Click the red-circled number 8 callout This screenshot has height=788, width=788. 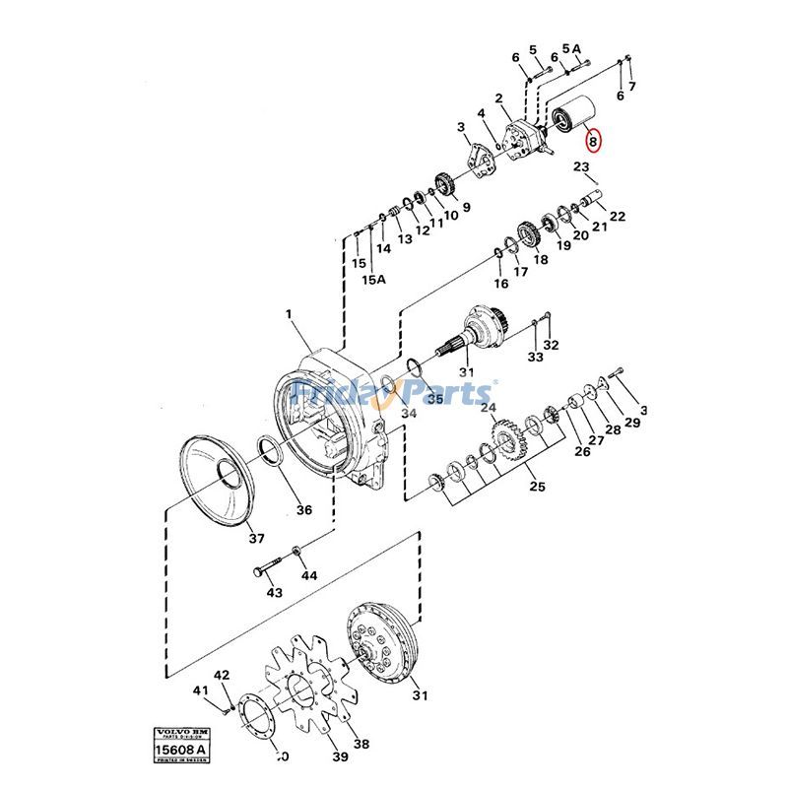(x=593, y=141)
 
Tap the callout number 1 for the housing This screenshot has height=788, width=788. (x=290, y=314)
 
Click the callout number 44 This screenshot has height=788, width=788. (x=309, y=574)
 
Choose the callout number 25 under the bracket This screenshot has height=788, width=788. (x=536, y=486)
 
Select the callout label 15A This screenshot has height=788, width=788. (x=374, y=279)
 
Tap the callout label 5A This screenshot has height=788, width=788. (x=572, y=48)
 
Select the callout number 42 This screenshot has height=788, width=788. (x=222, y=675)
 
